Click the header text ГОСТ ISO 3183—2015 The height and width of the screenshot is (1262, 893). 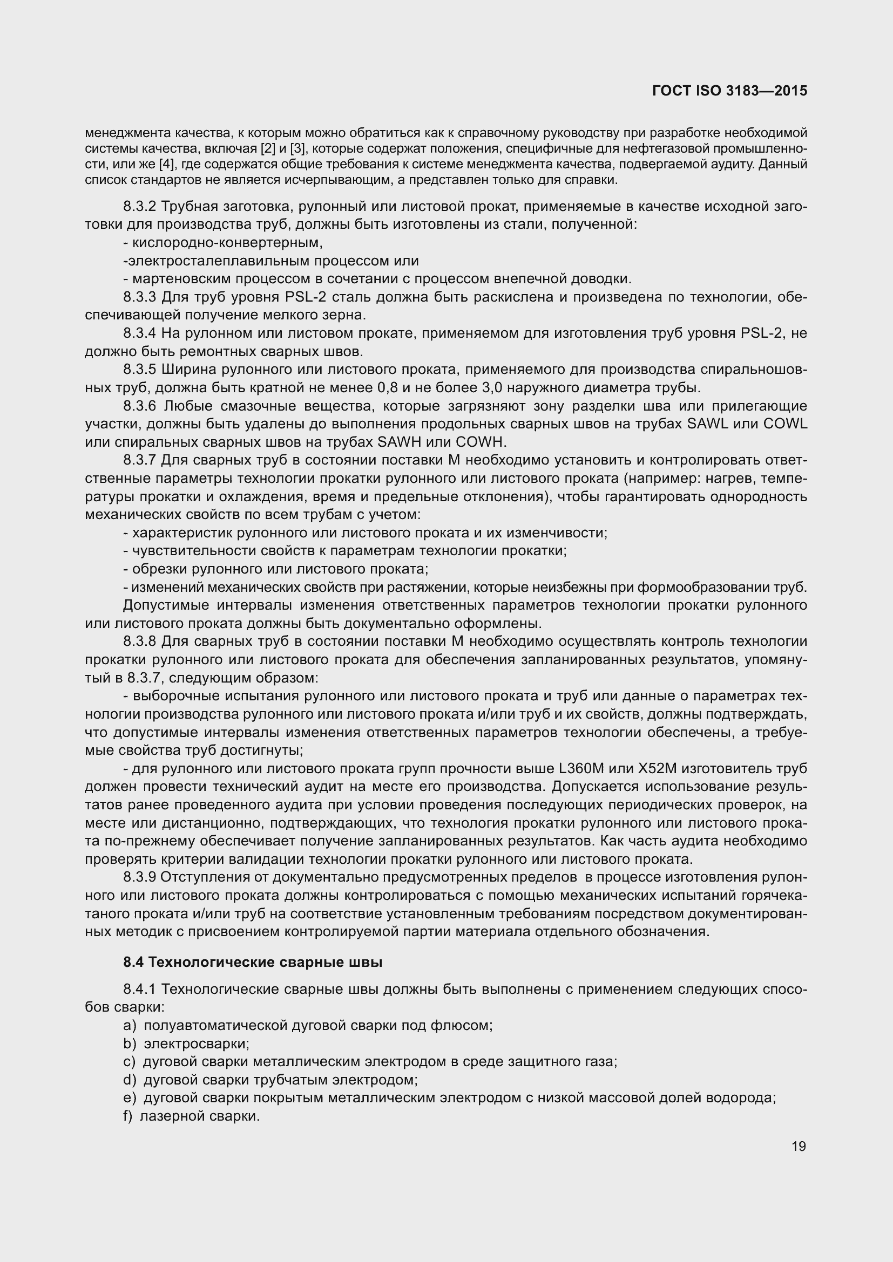point(729,91)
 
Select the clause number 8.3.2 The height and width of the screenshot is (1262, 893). point(140,207)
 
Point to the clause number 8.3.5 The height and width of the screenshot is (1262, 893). point(140,370)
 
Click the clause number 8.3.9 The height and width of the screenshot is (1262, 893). point(140,878)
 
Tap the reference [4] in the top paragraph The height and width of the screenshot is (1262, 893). point(167,165)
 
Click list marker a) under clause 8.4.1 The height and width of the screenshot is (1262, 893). point(129,1026)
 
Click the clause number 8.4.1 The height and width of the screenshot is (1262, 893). point(140,990)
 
